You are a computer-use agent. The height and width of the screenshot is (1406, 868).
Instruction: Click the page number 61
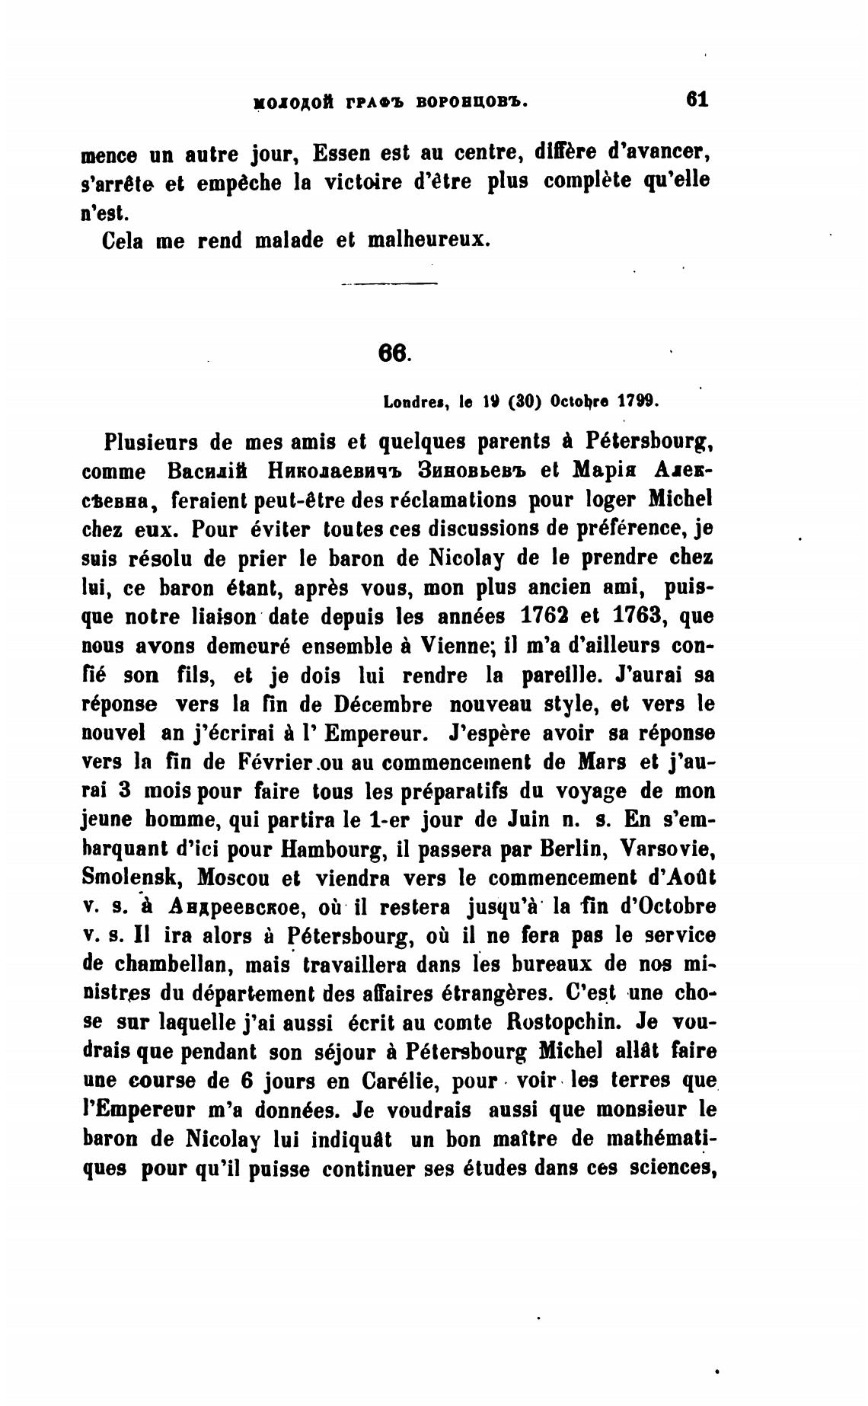(x=697, y=100)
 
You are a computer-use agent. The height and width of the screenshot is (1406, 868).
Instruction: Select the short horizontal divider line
(x=390, y=285)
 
